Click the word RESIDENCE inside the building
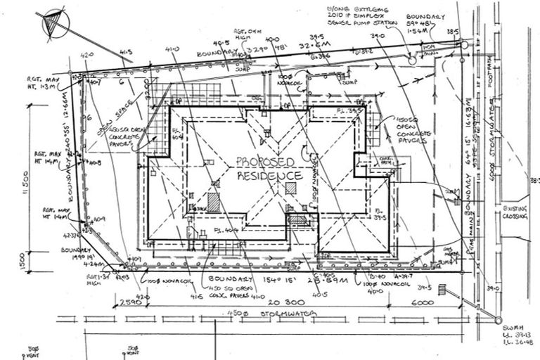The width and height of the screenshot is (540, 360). click(269, 174)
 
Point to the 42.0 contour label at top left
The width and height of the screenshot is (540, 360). click(87, 54)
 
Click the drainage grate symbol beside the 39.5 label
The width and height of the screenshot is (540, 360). click(442, 289)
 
